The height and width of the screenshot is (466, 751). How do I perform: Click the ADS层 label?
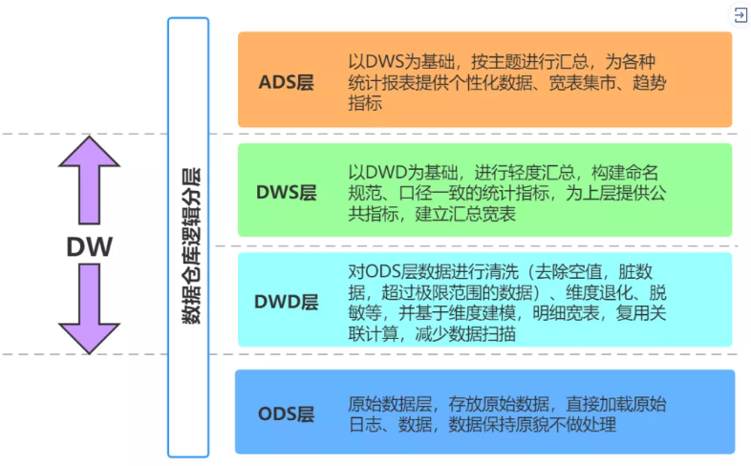coord(286,82)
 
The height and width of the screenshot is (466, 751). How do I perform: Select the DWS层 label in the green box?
coord(286,193)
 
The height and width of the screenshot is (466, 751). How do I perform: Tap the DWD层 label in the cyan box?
coord(286,303)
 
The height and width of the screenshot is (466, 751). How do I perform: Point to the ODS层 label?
coord(286,413)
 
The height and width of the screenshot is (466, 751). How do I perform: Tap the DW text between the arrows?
coord(90,247)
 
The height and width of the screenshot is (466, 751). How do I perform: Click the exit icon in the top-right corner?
coord(740,14)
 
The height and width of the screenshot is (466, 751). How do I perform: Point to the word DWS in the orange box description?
coord(385,61)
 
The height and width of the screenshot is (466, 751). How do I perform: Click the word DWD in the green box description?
coord(386,172)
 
